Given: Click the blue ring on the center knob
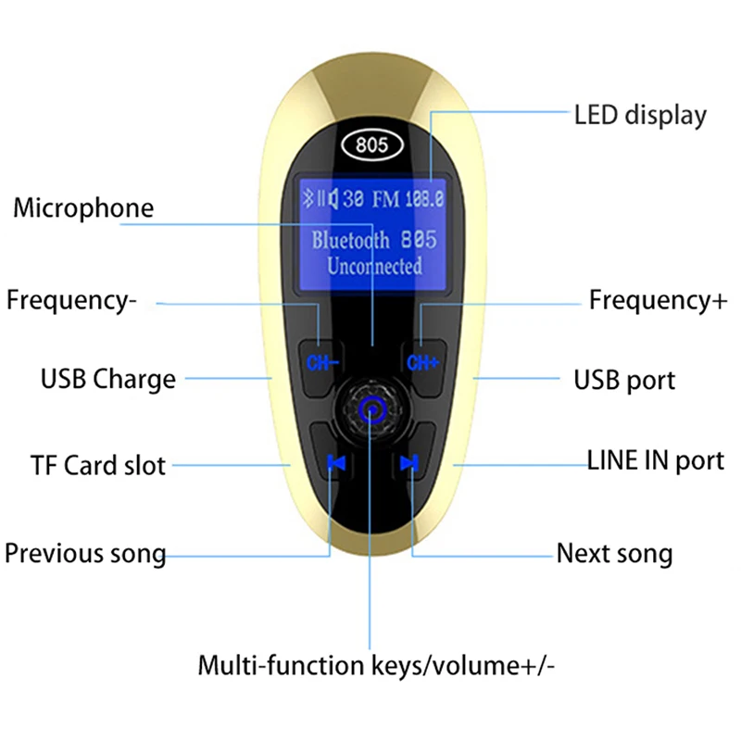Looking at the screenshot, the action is point(372,409).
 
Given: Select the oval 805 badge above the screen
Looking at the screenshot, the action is point(372,144).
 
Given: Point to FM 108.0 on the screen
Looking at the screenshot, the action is point(408,199).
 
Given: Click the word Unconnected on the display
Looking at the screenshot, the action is point(374,266).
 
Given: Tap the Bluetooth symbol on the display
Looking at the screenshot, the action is point(308,198).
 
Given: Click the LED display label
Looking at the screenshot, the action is point(640,116).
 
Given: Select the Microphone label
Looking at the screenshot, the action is point(83,208).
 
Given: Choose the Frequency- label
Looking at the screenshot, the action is point(71,300).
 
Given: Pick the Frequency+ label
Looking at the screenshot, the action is point(658,300).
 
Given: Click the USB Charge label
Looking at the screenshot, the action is point(108,380).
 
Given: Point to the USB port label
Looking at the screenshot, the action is point(624,381).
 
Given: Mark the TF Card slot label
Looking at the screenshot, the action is point(98,466).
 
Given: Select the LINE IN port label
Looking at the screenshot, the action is point(656,460).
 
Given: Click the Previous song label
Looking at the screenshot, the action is point(85,553).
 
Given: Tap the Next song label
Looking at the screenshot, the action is point(614,553).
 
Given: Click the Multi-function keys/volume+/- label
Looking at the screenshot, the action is point(376,665).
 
